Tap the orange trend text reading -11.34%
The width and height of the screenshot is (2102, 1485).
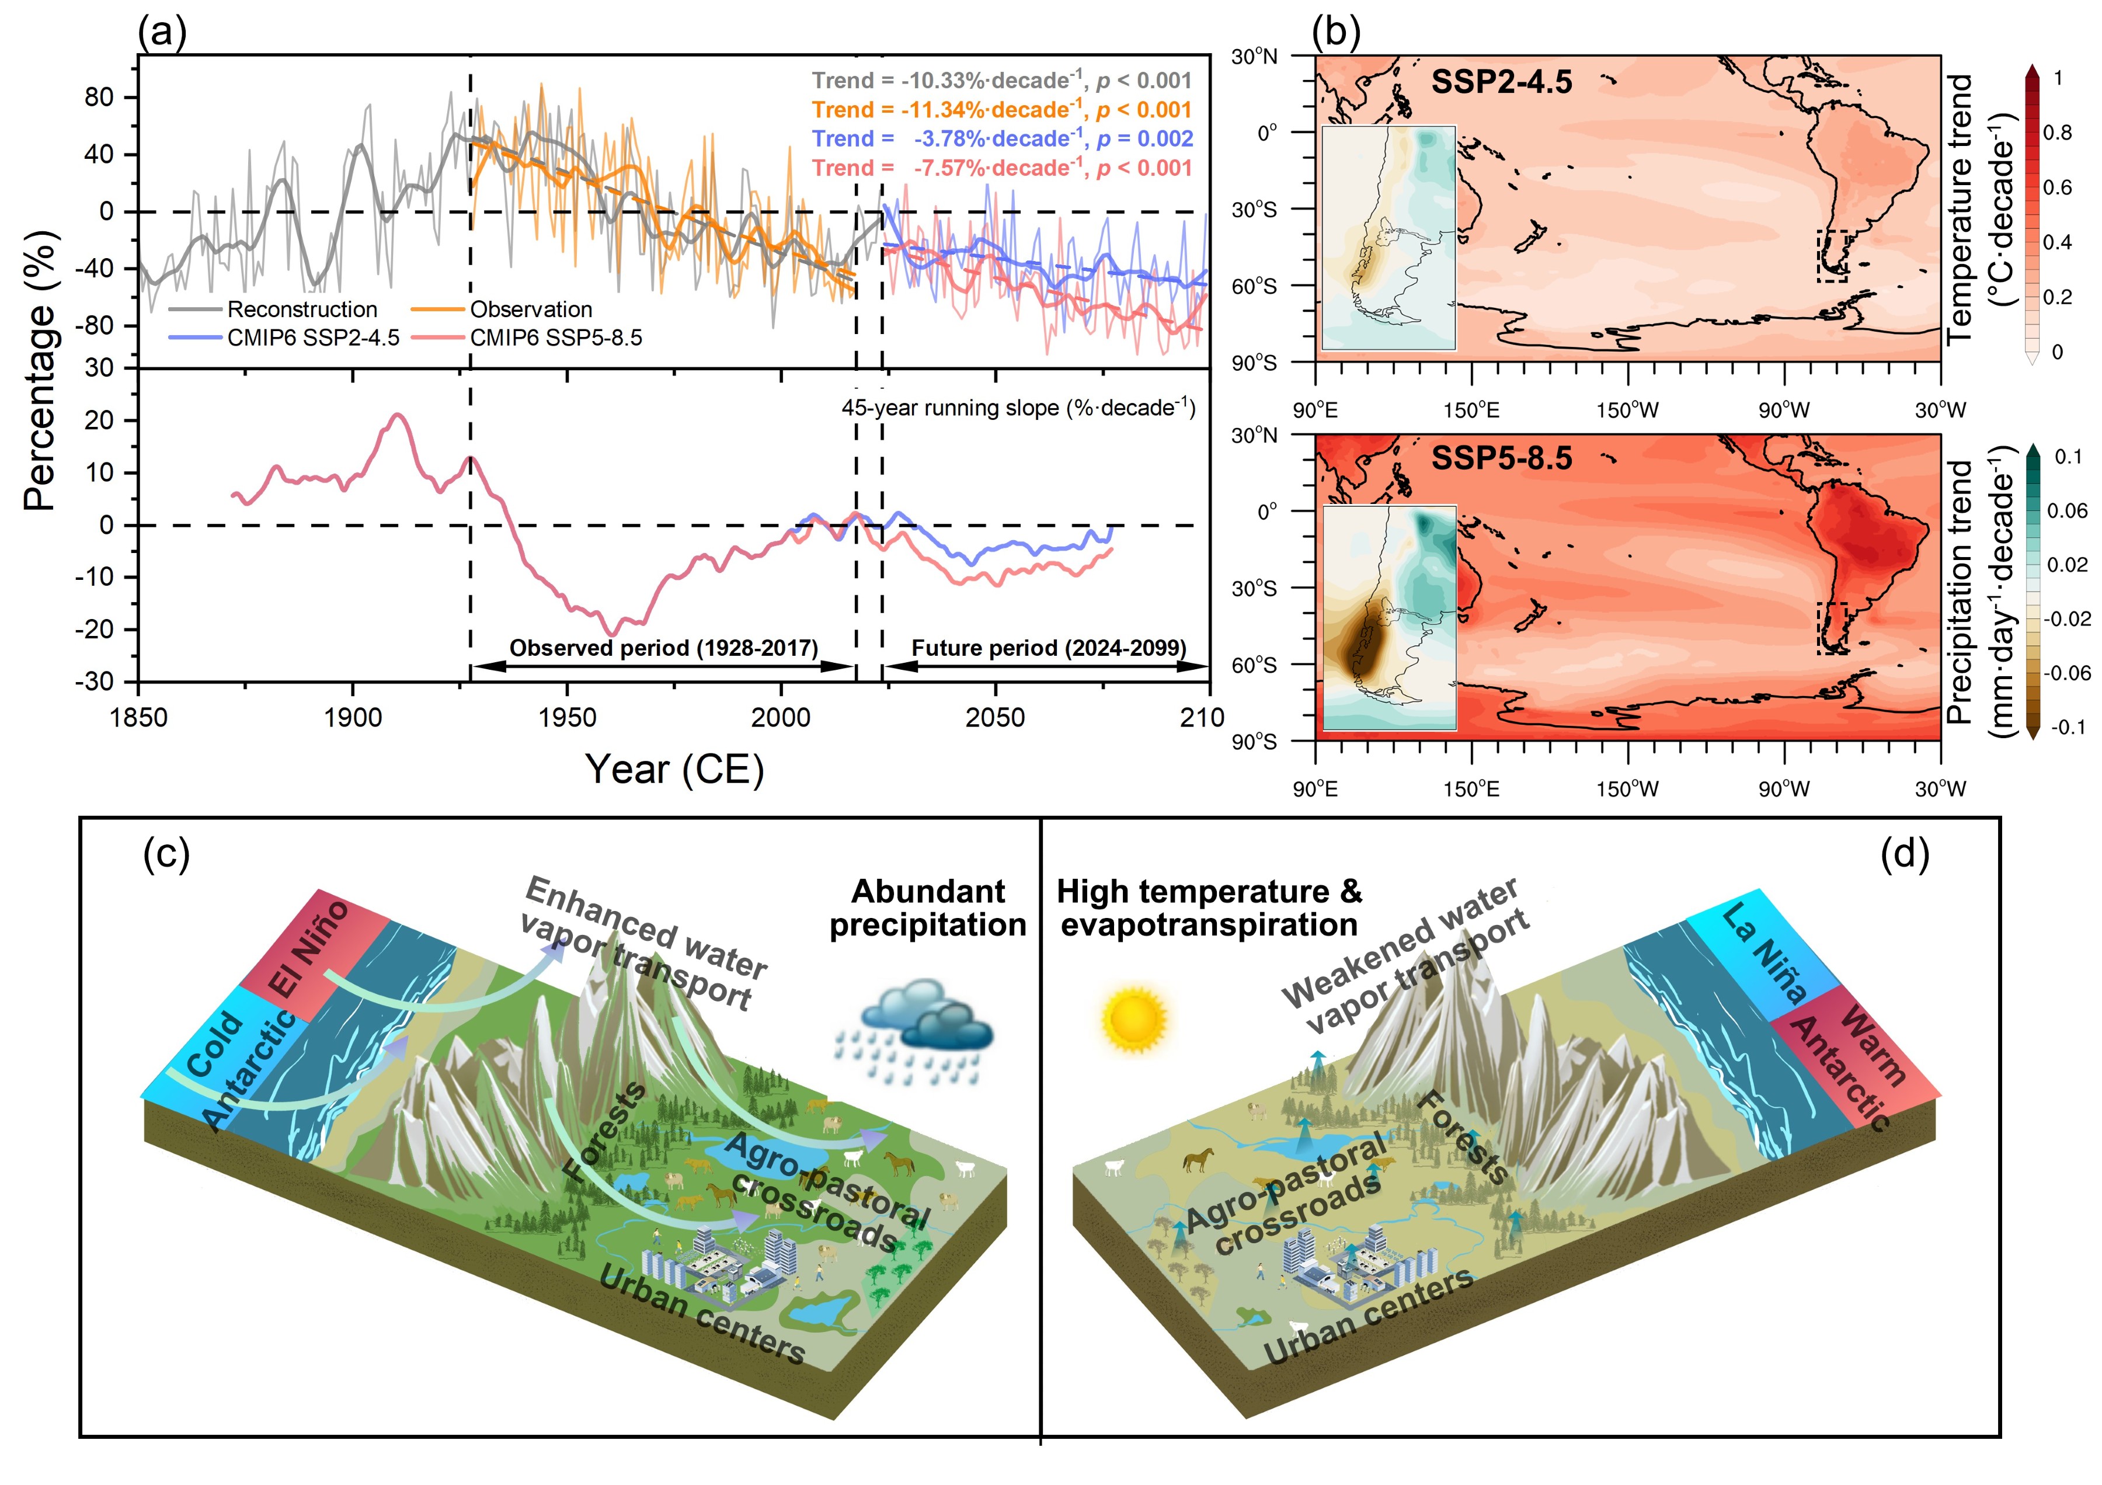(x=1001, y=110)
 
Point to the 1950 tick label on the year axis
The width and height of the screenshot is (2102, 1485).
(x=567, y=718)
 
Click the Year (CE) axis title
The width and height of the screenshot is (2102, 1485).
(x=675, y=769)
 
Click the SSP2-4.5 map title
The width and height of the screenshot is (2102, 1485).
(x=1501, y=82)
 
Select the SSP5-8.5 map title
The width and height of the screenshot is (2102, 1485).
(x=1501, y=458)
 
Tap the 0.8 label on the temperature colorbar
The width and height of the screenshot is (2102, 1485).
(x=2056, y=133)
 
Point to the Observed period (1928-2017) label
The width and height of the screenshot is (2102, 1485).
(x=664, y=648)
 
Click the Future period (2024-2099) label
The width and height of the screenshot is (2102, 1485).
(x=1048, y=648)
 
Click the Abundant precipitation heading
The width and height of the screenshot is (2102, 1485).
(x=927, y=907)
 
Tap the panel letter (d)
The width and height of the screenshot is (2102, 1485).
(x=1904, y=854)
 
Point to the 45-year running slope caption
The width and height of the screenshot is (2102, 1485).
(x=1018, y=408)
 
